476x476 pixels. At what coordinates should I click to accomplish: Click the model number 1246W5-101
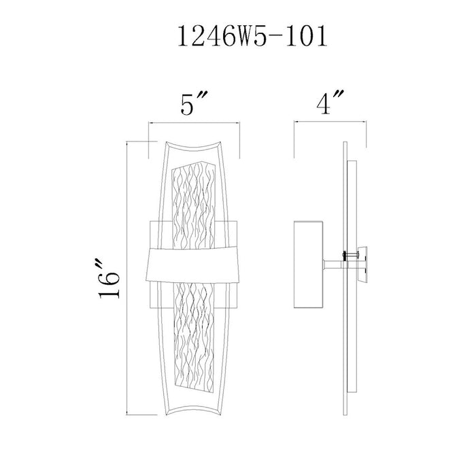point(252,36)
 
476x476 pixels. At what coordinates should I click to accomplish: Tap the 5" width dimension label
point(193,104)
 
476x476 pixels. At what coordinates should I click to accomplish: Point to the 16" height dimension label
point(109,279)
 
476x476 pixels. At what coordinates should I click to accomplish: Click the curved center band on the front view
point(193,266)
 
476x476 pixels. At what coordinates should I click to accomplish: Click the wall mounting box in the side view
point(308,265)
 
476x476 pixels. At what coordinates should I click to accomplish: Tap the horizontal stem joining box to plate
point(333,265)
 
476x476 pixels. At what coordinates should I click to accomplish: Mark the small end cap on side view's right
point(363,265)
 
